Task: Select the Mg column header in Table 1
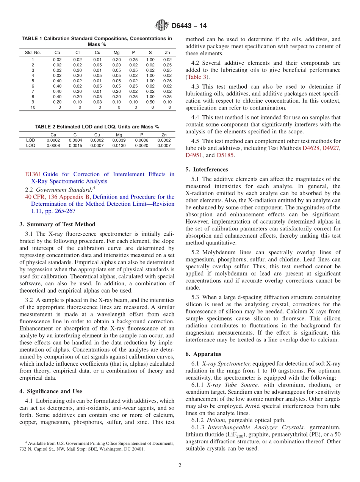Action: coord(117,52)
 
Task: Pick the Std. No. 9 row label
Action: coord(33,102)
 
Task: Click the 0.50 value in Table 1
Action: coord(150,102)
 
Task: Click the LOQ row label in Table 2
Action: coord(31,145)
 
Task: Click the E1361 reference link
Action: coord(33,174)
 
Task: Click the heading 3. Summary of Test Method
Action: coord(57,224)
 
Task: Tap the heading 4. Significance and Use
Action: coord(51,391)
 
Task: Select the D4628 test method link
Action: coord(311,148)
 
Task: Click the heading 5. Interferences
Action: coord(207,169)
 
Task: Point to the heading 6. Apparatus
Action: coord(203,354)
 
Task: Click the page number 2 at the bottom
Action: coord(180,465)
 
